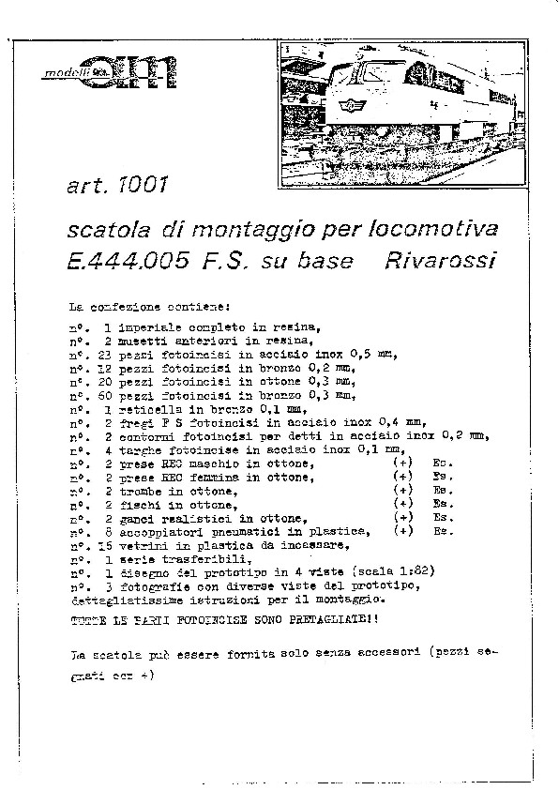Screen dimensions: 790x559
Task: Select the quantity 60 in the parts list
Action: point(103,395)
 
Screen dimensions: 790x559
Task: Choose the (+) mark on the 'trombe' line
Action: point(403,491)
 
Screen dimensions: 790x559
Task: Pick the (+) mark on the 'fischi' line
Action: point(403,504)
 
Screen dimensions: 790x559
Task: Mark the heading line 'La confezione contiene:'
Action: point(143,306)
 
